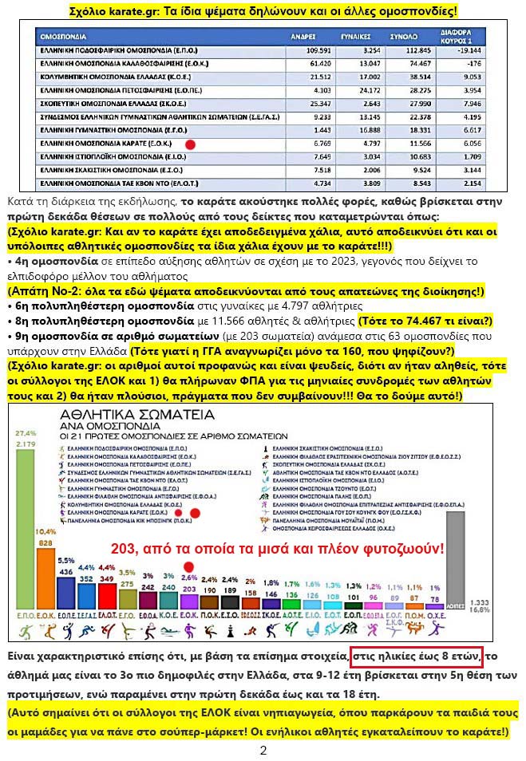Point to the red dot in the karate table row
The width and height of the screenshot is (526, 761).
click(191, 144)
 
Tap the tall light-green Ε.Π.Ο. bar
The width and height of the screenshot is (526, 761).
click(24, 542)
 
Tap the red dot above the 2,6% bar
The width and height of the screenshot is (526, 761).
click(189, 564)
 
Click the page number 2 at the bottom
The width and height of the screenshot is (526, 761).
click(263, 750)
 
